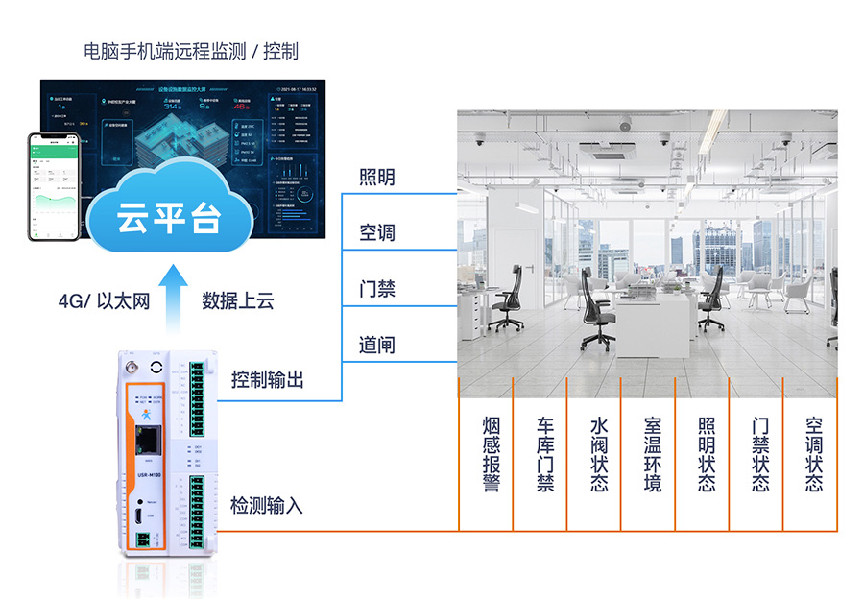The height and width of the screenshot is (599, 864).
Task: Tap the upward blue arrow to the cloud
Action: (x=175, y=297)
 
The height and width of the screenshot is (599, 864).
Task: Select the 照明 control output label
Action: (x=377, y=178)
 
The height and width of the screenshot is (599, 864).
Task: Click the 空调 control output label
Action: (x=377, y=233)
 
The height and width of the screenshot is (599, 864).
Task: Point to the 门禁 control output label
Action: (x=377, y=289)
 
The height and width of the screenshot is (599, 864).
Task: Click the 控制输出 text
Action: (x=268, y=380)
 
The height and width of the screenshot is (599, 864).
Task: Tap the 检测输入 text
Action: (x=268, y=505)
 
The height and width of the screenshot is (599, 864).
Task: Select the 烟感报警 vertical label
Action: (x=492, y=454)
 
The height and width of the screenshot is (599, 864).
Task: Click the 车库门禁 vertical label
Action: (x=545, y=454)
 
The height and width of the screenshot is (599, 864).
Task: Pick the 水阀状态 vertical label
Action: (x=599, y=454)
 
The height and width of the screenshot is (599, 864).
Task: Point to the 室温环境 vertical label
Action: (x=653, y=454)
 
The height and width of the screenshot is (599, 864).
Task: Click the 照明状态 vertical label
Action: (x=707, y=454)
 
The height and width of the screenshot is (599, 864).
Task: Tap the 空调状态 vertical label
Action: (x=814, y=454)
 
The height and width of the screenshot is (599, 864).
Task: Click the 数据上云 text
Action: (x=238, y=301)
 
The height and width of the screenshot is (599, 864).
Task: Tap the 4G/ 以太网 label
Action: (x=105, y=301)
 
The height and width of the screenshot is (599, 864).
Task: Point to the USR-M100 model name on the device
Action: (x=149, y=473)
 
